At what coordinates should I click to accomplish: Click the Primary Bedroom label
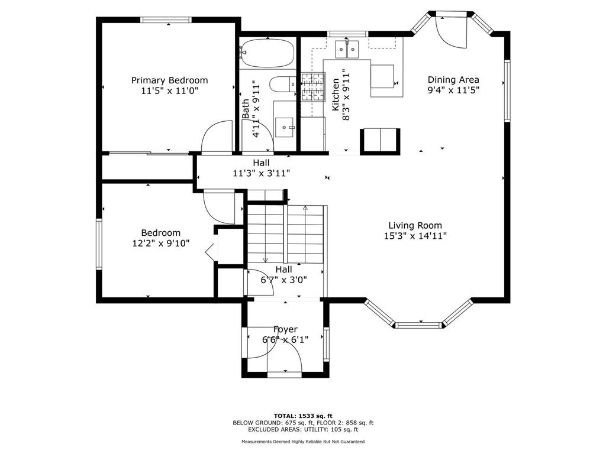pyautogui.click(x=169, y=80)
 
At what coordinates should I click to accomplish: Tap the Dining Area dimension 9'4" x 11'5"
pyautogui.click(x=453, y=90)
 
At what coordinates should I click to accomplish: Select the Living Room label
pyautogui.click(x=415, y=225)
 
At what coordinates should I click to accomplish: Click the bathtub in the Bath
pyautogui.click(x=267, y=53)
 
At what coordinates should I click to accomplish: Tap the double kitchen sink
pyautogui.click(x=347, y=49)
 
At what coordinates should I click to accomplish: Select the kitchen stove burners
pyautogui.click(x=312, y=85)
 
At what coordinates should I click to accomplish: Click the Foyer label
pyautogui.click(x=286, y=330)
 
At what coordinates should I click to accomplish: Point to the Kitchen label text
pyautogui.click(x=336, y=95)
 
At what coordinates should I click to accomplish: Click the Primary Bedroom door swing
pyautogui.click(x=217, y=137)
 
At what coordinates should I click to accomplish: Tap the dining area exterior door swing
pyautogui.click(x=452, y=33)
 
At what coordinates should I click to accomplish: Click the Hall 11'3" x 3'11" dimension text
pyautogui.click(x=261, y=173)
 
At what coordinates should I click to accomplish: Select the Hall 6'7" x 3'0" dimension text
pyautogui.click(x=284, y=280)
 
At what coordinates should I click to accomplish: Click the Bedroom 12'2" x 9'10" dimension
pyautogui.click(x=161, y=244)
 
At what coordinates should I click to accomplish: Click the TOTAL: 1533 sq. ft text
pyautogui.click(x=303, y=416)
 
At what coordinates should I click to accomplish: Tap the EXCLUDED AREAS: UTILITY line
pyautogui.click(x=303, y=429)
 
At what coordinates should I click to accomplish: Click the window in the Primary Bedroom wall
pyautogui.click(x=166, y=20)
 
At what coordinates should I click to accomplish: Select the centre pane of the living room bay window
pyautogui.click(x=418, y=326)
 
